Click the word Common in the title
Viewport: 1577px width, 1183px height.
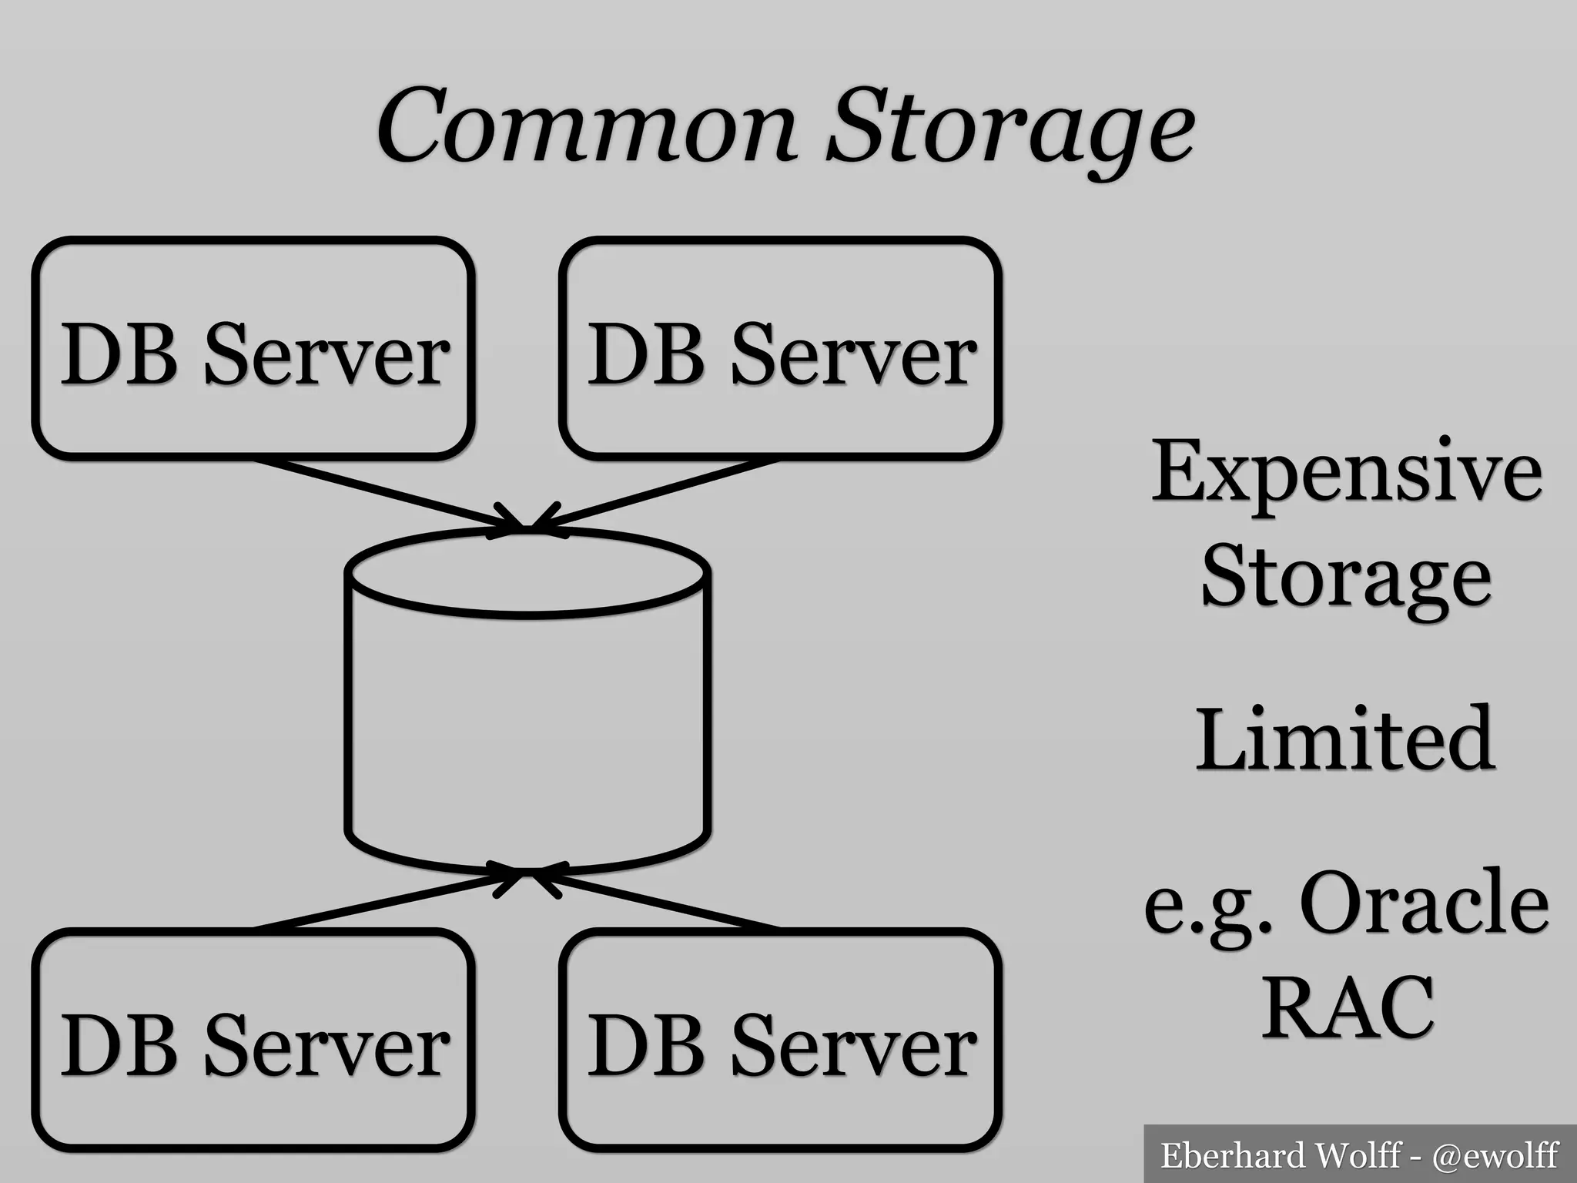click(x=585, y=127)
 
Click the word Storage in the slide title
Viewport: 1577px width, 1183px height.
click(x=1009, y=131)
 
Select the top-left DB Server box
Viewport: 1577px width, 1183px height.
click(x=253, y=349)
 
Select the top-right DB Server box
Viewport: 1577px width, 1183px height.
click(x=780, y=349)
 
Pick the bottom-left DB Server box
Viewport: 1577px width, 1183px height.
click(x=253, y=1040)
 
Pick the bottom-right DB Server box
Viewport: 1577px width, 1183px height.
click(x=780, y=1040)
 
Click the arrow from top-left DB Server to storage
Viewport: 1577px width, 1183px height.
click(x=385, y=493)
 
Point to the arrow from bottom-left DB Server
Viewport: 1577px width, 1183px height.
click(x=385, y=900)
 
